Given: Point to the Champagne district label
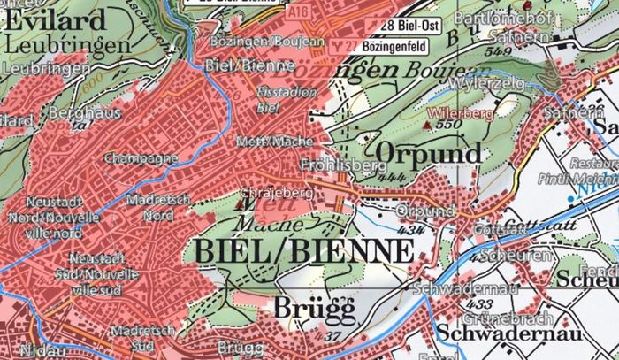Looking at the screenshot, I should click(x=134, y=158).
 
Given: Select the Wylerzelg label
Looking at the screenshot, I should click(x=482, y=83).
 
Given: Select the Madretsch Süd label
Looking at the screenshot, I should click(x=136, y=337).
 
